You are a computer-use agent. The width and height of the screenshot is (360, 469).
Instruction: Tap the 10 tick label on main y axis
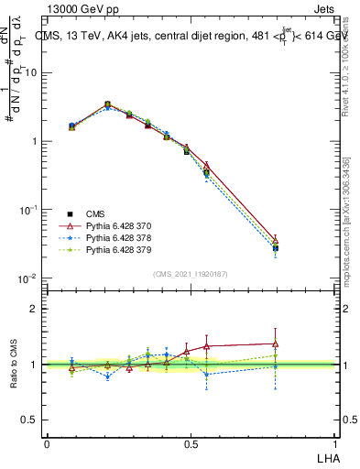coord(29,72)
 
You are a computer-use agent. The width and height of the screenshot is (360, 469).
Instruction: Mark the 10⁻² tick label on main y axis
coord(27,278)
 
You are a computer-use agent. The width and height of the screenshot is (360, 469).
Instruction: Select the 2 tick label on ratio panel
coord(34,309)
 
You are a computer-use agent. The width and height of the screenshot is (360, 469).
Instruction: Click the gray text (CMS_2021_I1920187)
coord(191,274)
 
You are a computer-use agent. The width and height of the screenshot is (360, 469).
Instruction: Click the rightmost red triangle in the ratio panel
coord(276,344)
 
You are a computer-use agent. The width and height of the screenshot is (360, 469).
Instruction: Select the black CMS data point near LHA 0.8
coord(276,247)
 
